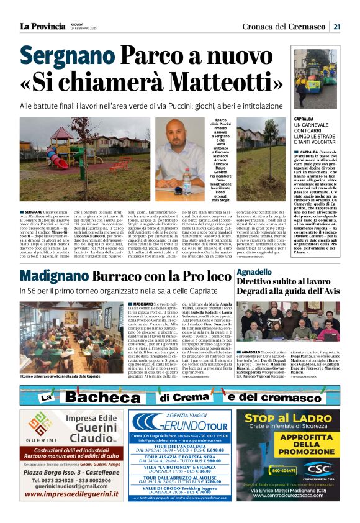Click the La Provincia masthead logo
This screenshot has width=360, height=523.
point(42,26)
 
